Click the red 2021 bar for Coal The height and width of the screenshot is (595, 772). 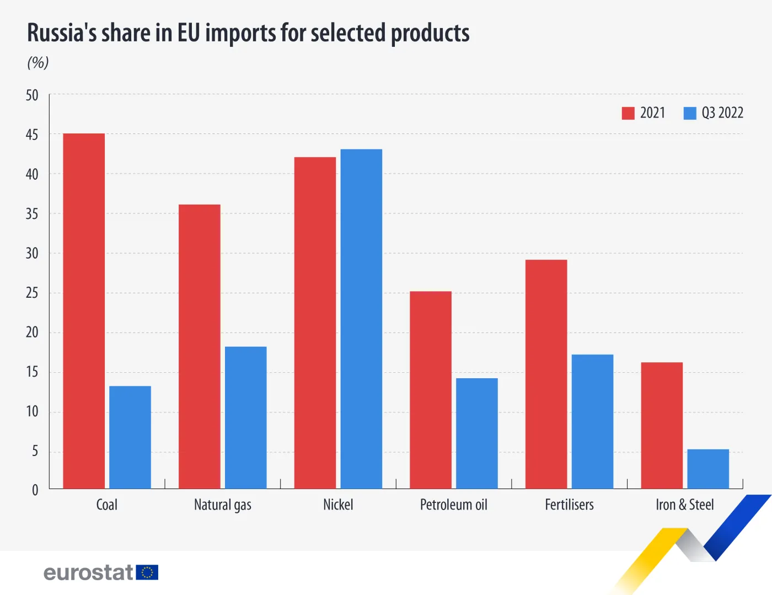coord(84,311)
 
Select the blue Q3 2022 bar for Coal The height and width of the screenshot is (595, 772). coord(130,437)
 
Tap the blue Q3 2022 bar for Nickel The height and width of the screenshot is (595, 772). coord(361,319)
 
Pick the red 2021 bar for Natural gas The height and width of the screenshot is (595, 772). coord(200,346)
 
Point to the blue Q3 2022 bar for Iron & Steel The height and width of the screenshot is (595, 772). coord(708,469)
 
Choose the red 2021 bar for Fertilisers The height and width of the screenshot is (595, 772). coord(546,374)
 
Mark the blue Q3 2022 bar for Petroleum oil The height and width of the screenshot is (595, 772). coord(477,433)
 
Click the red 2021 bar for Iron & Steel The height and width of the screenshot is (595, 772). coord(662,425)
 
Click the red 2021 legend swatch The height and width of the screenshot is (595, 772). coord(628,113)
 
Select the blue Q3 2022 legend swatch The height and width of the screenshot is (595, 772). coord(690,113)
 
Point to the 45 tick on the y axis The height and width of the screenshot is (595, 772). coord(32,135)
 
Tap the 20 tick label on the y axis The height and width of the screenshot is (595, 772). coord(32,333)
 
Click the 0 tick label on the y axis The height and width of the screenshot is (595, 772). coord(35,490)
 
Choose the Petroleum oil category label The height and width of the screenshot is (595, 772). coord(454,505)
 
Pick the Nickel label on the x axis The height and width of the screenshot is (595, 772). coord(338,505)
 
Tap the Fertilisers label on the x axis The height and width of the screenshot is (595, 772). coord(569,505)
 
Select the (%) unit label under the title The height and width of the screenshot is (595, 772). coord(38,62)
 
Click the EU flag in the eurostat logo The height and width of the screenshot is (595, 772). coord(147,572)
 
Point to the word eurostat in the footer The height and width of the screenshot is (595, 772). coord(88,572)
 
